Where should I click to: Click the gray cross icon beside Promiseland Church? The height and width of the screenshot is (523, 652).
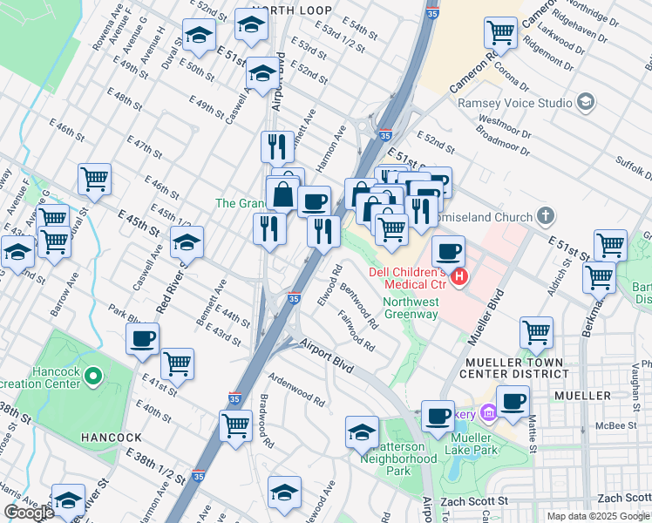pyautogui.click(x=545, y=214)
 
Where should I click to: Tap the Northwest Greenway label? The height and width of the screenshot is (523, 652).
pyautogui.click(x=411, y=309)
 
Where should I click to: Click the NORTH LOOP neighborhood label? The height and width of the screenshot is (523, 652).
pyautogui.click(x=257, y=10)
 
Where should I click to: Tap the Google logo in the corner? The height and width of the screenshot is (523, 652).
pyautogui.click(x=29, y=513)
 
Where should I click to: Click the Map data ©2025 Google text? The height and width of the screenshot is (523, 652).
pyautogui.click(x=598, y=515)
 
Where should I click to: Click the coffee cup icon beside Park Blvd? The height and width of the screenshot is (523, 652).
pyautogui.click(x=142, y=339)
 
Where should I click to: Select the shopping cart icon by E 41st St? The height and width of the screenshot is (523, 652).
pyautogui.click(x=177, y=363)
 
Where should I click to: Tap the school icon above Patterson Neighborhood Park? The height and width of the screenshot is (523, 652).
pyautogui.click(x=362, y=431)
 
